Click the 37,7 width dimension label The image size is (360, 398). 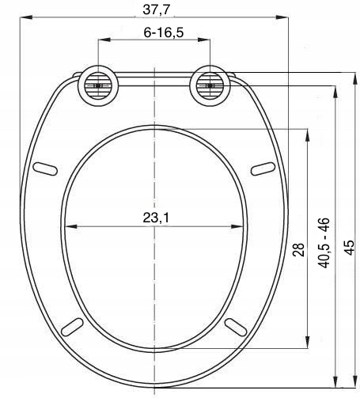pos(157,9)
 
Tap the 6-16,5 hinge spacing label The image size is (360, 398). pos(164,32)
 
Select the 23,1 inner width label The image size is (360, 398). pos(156,218)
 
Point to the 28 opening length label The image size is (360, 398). pos(298,249)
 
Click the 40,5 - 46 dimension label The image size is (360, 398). pos(324,243)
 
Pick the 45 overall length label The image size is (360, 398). pos(350,248)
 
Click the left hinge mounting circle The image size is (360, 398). pos(98,85)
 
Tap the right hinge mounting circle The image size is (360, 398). pos(210,85)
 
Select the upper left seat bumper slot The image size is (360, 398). pos(45,169)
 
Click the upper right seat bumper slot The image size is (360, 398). pos(263,169)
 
